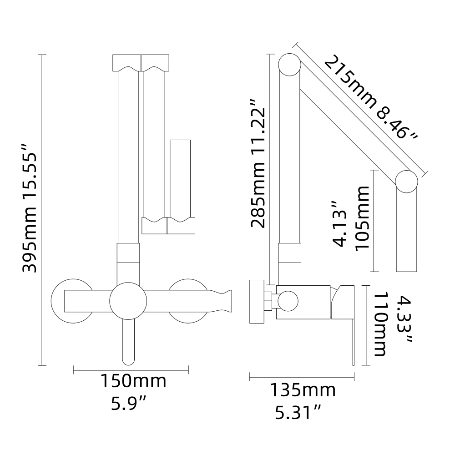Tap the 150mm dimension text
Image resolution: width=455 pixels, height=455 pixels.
[133, 381]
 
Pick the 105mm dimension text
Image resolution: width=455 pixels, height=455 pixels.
[363, 217]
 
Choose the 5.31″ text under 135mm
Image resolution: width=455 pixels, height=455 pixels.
[298, 413]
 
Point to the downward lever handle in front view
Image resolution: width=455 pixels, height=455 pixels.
[129, 344]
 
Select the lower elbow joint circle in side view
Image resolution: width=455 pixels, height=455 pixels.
[406, 181]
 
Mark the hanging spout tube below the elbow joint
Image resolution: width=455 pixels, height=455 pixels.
[406, 232]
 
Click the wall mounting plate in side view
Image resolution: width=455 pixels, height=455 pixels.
[257, 301]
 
